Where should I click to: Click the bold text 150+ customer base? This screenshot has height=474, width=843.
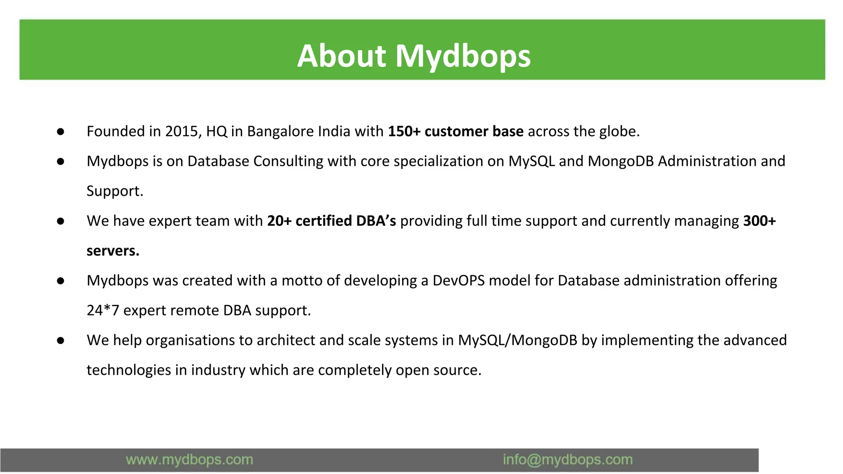coord(456,131)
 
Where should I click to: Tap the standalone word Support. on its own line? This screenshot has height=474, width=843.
coord(115,191)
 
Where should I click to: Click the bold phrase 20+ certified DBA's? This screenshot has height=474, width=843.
coord(331,221)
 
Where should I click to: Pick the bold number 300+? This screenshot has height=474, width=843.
coord(759,221)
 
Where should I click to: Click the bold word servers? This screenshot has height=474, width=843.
coord(113,251)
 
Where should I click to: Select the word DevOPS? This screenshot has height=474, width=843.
coord(459,281)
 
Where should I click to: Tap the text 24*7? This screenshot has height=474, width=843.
coord(103,310)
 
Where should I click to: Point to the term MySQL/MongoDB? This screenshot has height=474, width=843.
coord(517,340)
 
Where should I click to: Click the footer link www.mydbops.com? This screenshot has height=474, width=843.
coord(189,460)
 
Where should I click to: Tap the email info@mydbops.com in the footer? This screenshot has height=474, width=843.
coord(568,460)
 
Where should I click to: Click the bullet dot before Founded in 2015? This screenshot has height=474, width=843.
coord(61,132)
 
